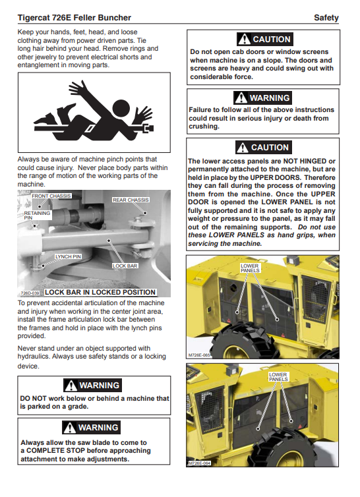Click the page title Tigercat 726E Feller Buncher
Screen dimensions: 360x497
[x=75, y=18]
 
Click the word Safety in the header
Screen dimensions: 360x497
[x=326, y=18]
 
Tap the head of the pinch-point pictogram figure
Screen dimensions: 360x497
[x=121, y=109]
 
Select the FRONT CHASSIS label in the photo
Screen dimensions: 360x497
[x=51, y=196]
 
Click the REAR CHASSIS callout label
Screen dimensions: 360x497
[x=131, y=200]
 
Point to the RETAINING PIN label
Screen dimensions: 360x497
[x=37, y=216]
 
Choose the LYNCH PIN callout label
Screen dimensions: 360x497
[x=68, y=256]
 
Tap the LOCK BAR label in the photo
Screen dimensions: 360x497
[x=125, y=266]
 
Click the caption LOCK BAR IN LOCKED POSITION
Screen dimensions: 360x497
[x=100, y=292]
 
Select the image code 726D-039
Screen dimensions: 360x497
[x=30, y=293]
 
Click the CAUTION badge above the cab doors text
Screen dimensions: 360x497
[x=265, y=40]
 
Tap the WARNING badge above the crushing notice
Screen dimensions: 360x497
[x=262, y=98]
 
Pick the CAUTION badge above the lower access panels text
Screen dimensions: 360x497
[x=263, y=148]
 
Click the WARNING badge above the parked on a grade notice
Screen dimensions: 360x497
[x=92, y=386]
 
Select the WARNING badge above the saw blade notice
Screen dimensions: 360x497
[x=92, y=428]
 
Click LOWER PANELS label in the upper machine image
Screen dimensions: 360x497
[x=250, y=268]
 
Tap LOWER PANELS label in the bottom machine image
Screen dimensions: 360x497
[x=278, y=377]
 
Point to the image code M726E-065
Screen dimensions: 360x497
[x=199, y=355]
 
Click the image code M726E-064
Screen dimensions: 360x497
[x=200, y=463]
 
